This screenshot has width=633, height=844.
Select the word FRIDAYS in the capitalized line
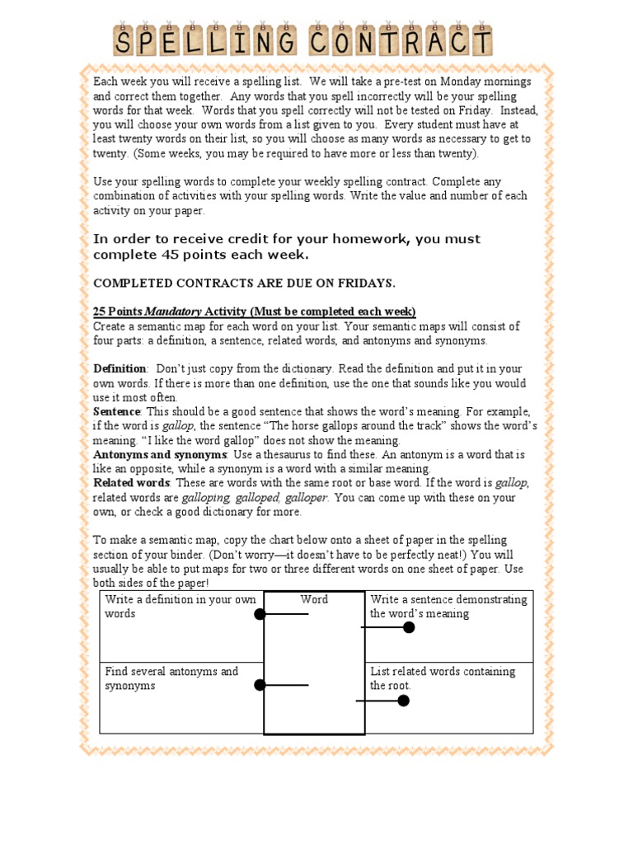365,283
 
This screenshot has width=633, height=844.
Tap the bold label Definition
120,368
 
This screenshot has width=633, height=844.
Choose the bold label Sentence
117,411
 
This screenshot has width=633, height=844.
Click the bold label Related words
131,482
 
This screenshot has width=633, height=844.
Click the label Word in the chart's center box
314,599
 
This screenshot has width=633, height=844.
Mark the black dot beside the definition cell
260,614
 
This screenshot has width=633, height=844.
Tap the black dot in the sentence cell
409,627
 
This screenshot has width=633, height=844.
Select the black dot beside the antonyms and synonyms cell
260,685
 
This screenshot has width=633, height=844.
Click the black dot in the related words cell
403,701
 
